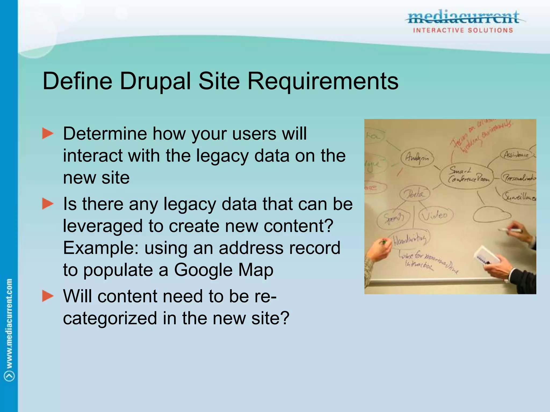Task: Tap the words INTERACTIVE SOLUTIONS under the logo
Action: pyautogui.click(x=463, y=30)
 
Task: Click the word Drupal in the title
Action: pyautogui.click(x=155, y=81)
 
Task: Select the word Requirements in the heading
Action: pyautogui.click(x=323, y=81)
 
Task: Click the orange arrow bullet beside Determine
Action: pyautogui.click(x=48, y=134)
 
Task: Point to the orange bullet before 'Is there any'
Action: pyautogui.click(x=48, y=204)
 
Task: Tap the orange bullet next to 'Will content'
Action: pyautogui.click(x=48, y=296)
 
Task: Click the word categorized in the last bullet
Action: pyautogui.click(x=110, y=318)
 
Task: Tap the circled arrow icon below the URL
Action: pyautogui.click(x=9, y=376)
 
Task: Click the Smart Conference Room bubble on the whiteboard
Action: pyautogui.click(x=468, y=175)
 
